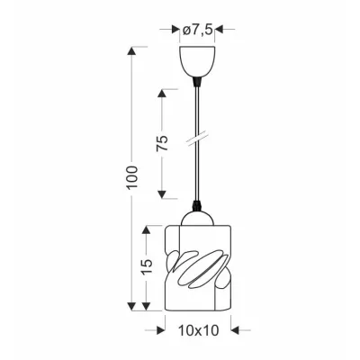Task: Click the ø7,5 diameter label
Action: (197, 30)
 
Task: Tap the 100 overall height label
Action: (132, 177)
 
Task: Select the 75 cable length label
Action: (163, 143)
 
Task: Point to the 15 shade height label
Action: (147, 266)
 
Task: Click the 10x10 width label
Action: (199, 330)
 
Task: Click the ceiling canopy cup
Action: (197, 61)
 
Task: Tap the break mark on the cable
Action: (197, 140)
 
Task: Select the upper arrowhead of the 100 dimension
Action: (131, 51)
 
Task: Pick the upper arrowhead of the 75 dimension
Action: (162, 94)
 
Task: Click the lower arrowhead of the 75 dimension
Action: (162, 194)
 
